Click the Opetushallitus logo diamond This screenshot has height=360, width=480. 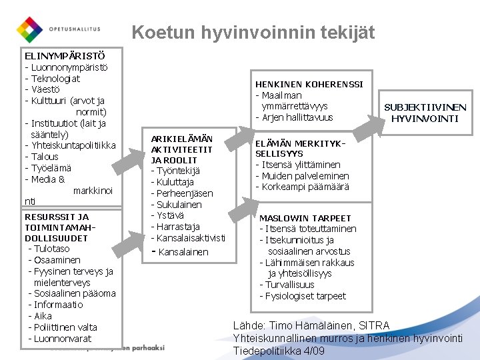point(29,29)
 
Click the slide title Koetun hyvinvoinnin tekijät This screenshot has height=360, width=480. point(253,32)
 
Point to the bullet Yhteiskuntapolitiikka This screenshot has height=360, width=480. point(70,145)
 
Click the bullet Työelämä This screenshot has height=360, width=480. point(48,168)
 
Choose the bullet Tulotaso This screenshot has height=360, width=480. point(49,249)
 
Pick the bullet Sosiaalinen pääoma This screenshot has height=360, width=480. point(72,293)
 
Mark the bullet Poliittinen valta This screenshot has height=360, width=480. point(63,327)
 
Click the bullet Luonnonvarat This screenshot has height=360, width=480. point(60,339)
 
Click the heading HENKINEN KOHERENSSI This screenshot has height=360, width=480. point(309,84)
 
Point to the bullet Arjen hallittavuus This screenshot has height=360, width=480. point(294,118)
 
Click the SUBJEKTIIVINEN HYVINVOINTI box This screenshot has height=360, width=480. point(425,113)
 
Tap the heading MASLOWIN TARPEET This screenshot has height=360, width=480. point(305,218)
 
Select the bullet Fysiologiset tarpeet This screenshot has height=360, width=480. point(303,296)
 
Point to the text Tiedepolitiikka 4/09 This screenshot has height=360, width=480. point(279,351)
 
